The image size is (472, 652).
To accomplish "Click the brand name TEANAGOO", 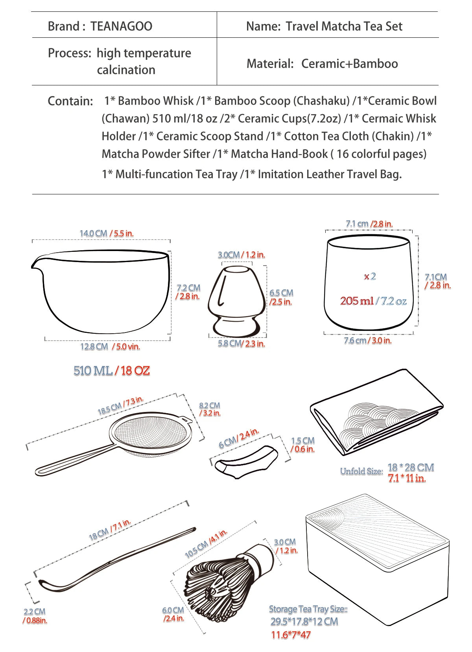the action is tap(122, 26).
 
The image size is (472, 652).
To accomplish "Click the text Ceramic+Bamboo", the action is tap(350, 64).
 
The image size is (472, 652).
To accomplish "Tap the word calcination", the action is tap(126, 70).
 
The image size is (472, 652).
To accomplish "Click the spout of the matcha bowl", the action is tap(36, 264).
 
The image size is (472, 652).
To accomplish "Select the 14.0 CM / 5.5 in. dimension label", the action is tap(107, 233).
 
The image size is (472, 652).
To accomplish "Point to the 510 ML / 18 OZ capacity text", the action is tap(112, 371).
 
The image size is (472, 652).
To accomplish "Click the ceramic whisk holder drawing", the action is tap(237, 301).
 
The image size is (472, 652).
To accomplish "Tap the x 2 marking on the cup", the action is tap(370, 276).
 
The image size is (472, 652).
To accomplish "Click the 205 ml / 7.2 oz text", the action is tap(373, 301).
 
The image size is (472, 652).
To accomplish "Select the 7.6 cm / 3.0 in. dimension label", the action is tap(367, 340).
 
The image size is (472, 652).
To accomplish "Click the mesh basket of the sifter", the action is tap(150, 432).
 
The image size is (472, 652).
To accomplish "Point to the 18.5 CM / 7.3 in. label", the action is tap(120, 405).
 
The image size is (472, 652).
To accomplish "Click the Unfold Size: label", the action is tap(361, 471).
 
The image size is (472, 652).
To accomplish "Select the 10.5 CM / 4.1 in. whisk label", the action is tap(206, 543).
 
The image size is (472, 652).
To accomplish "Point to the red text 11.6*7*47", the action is tap(291, 635).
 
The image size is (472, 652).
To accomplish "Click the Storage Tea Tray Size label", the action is tap(308, 609).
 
